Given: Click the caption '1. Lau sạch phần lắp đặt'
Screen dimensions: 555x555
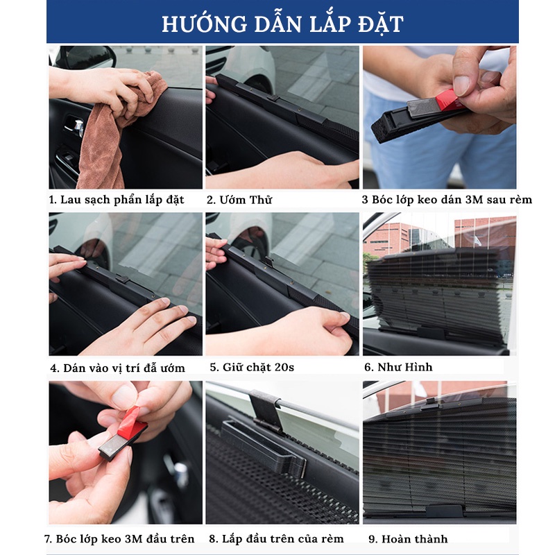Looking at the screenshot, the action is [117, 200].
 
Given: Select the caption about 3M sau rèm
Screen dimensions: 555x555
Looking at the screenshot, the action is [447, 200].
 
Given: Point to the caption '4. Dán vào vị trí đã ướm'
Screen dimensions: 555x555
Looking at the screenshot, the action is [117, 368].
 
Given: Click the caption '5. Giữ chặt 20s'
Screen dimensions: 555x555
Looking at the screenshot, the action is [251, 367].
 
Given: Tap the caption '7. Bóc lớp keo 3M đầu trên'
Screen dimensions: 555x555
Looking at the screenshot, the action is [119, 539].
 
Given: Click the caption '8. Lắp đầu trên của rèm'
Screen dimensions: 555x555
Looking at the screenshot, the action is [276, 539].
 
